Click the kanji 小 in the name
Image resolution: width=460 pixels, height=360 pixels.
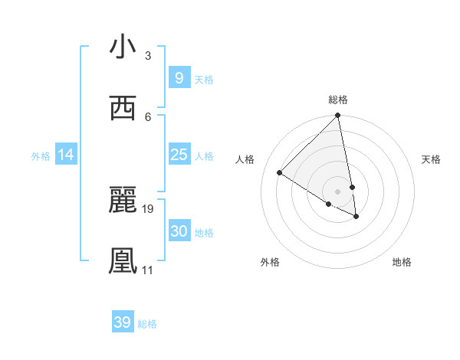(123, 47)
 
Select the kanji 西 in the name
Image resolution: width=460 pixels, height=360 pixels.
(123, 109)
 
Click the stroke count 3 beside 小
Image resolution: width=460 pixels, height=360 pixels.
(148, 56)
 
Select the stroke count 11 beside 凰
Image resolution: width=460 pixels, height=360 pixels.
(148, 270)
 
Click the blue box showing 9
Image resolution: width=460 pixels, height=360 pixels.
(179, 78)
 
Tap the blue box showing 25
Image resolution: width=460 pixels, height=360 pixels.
(179, 155)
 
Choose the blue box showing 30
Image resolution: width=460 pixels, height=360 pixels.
(179, 231)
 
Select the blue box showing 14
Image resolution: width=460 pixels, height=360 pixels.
(66, 155)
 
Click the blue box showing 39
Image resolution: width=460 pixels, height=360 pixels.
(122, 322)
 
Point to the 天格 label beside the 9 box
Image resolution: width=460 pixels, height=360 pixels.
(204, 80)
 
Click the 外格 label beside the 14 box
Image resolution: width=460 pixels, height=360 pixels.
(41, 156)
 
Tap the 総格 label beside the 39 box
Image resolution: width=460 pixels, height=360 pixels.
(147, 324)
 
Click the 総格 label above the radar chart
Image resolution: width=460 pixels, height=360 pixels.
(338, 100)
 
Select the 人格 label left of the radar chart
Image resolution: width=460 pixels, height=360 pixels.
(245, 159)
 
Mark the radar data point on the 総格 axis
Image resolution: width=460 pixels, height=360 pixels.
(338, 116)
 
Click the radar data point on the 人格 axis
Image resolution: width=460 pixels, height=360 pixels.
(280, 172)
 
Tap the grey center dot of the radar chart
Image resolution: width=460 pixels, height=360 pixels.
(338, 191)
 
